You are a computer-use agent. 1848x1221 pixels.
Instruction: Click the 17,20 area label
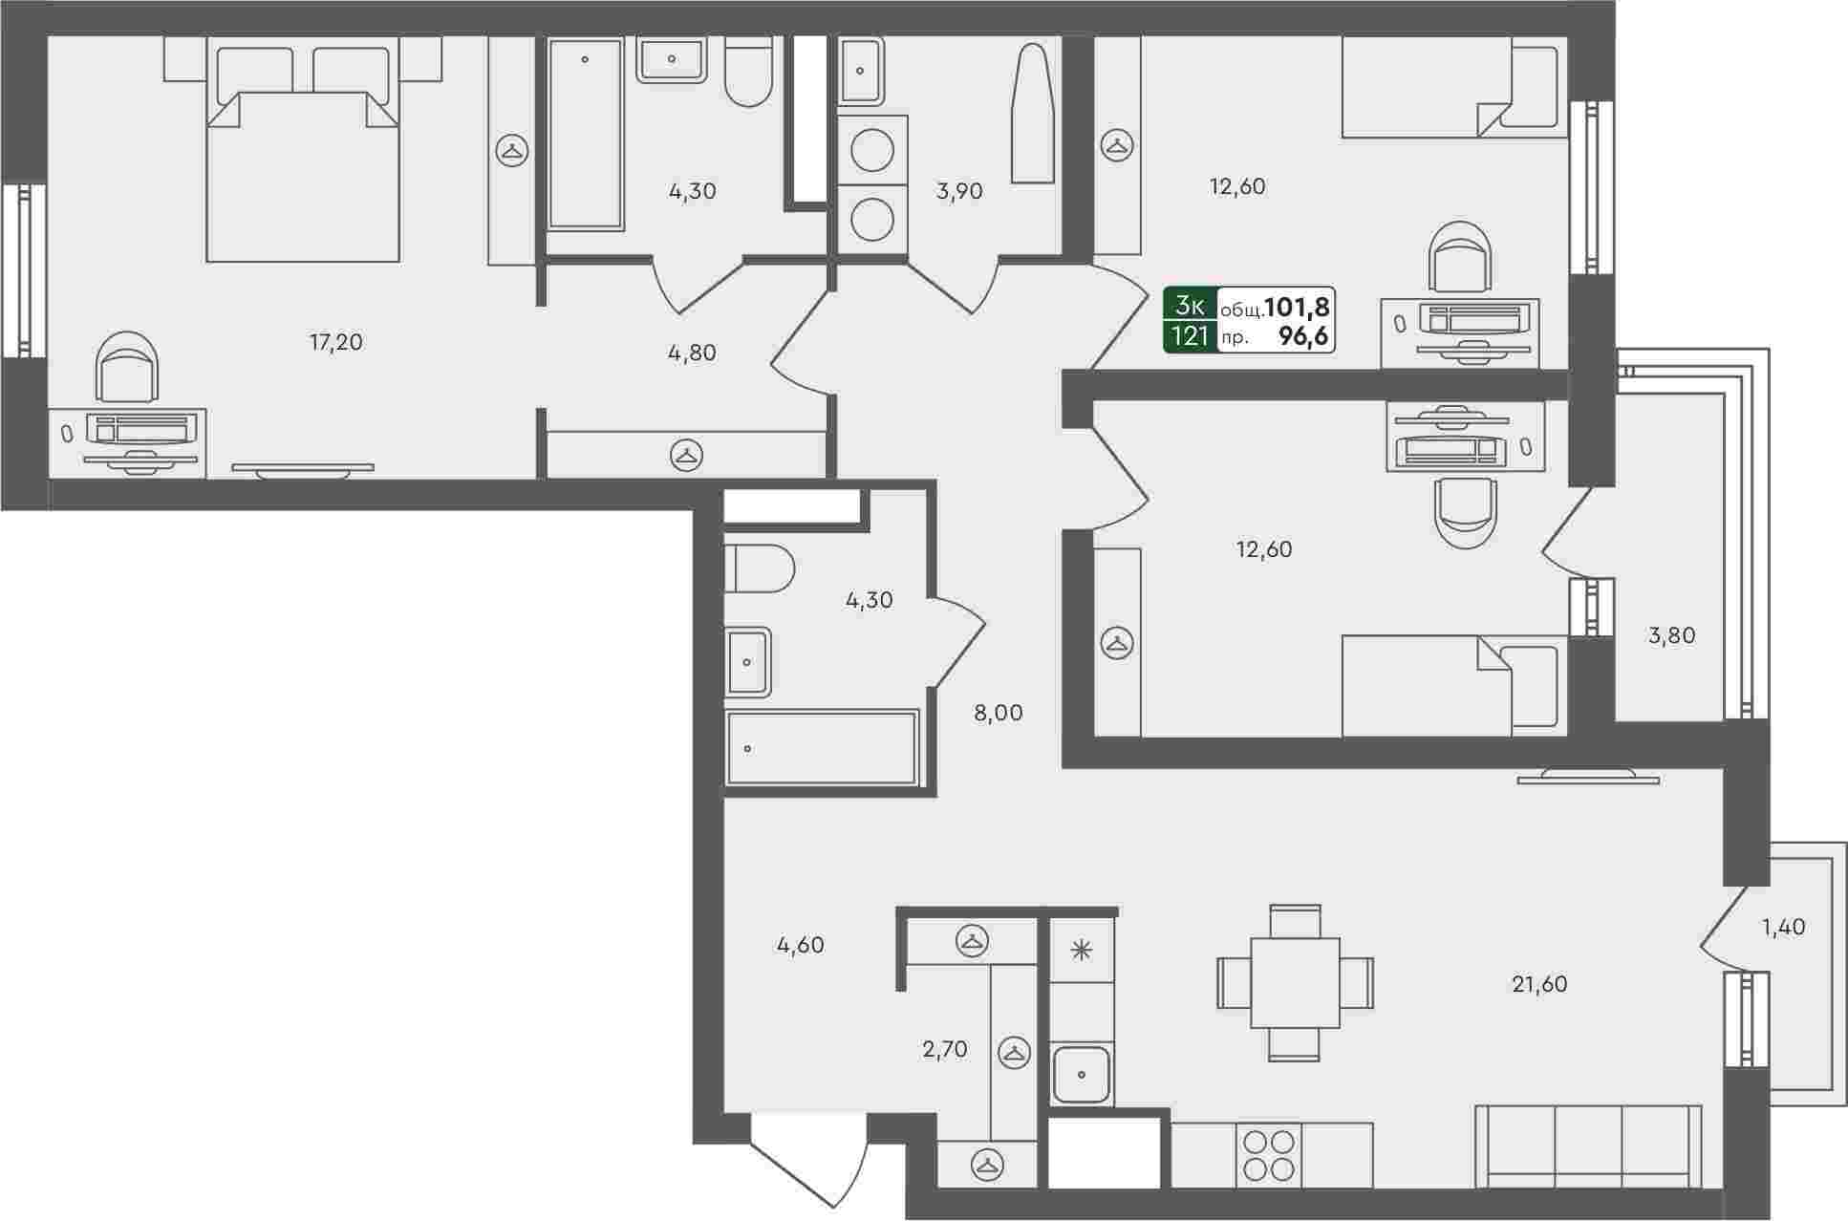[336, 342]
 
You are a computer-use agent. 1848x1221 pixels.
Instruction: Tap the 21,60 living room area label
[1539, 984]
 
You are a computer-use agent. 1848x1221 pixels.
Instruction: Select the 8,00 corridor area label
[998, 713]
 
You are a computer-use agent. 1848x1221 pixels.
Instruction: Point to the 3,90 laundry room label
[959, 191]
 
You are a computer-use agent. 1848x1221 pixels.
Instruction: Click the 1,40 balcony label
[1783, 927]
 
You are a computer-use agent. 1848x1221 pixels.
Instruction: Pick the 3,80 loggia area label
[1672, 635]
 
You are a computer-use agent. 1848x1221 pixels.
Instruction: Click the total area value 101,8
[1298, 307]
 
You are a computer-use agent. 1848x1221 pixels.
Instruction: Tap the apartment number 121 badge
[1191, 336]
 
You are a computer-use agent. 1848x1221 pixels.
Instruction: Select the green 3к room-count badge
[1191, 305]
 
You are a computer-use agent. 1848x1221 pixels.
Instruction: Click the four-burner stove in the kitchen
[1268, 1155]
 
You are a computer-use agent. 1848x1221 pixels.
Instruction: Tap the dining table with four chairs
[1295, 983]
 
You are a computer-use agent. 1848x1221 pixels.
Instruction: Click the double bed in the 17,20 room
[302, 153]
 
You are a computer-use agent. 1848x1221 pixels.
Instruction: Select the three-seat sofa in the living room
[1588, 1146]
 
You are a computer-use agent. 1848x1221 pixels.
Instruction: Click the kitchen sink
[1082, 1074]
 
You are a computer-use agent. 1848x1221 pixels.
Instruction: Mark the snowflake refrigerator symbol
[1082, 951]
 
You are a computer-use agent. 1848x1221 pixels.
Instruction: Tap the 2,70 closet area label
[945, 1050]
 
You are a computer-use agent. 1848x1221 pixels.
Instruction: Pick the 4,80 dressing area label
[692, 353]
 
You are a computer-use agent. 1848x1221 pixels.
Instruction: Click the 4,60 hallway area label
[800, 946]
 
